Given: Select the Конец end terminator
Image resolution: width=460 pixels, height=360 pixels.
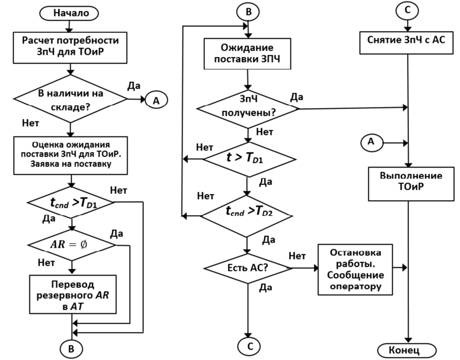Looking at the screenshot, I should coord(408,350).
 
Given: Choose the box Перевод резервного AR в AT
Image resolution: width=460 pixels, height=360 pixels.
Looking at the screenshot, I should coord(73,293).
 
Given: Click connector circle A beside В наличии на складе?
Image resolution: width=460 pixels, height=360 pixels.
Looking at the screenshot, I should coord(155,100).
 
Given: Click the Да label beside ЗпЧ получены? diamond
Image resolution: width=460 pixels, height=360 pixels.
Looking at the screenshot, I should coord(296,97).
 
